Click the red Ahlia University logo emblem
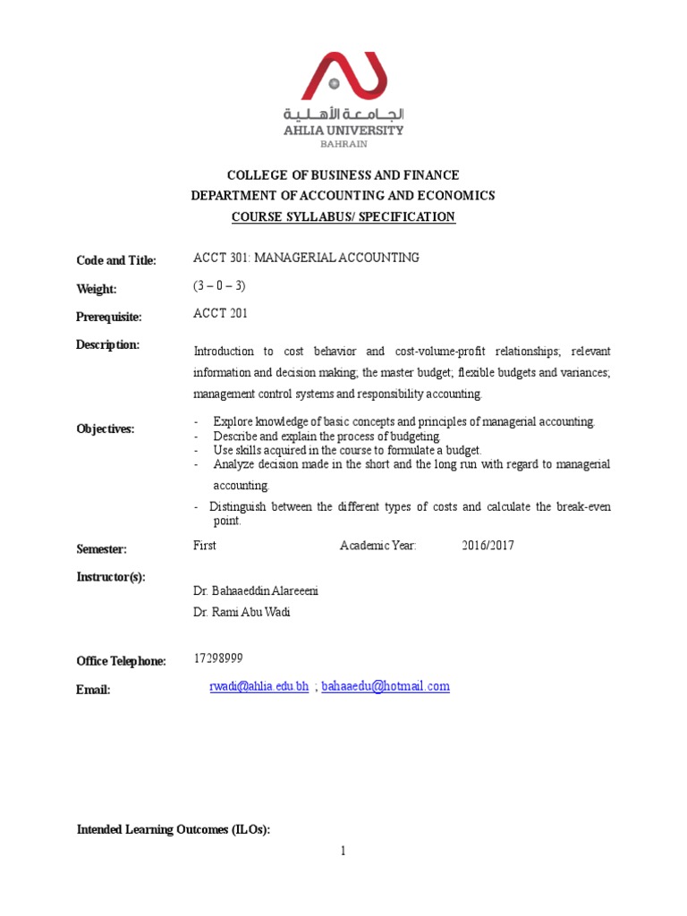(x=343, y=75)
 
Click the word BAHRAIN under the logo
(x=343, y=145)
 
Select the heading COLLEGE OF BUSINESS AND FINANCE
(x=343, y=175)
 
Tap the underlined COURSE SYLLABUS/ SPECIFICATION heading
(x=343, y=216)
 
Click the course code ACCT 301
(x=222, y=258)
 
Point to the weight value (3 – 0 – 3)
(x=219, y=286)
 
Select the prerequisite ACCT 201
(x=220, y=314)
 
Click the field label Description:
(x=108, y=345)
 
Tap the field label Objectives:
(x=106, y=429)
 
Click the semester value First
(x=205, y=546)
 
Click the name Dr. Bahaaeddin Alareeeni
(x=257, y=591)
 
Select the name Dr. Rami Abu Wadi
(x=242, y=613)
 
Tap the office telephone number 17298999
(x=218, y=659)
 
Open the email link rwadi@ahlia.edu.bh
(x=258, y=687)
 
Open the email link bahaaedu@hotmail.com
(x=386, y=687)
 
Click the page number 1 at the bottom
(x=343, y=852)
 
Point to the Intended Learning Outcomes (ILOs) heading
(x=174, y=830)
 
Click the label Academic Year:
(x=378, y=546)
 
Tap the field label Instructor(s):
(x=111, y=577)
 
